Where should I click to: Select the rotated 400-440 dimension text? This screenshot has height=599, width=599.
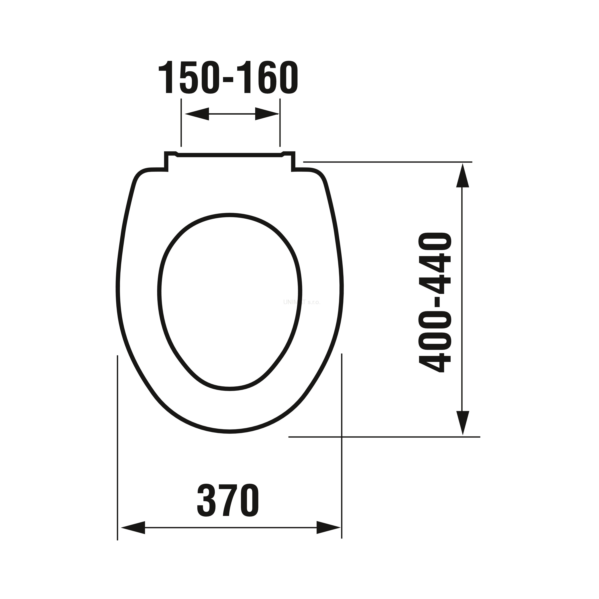[x=435, y=303]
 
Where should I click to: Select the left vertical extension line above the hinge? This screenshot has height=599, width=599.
[x=181, y=122]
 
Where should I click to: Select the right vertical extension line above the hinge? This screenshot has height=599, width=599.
[x=280, y=122]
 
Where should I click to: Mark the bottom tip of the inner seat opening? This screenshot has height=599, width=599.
[x=230, y=389]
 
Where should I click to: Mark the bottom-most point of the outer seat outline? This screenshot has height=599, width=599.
[x=230, y=431]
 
